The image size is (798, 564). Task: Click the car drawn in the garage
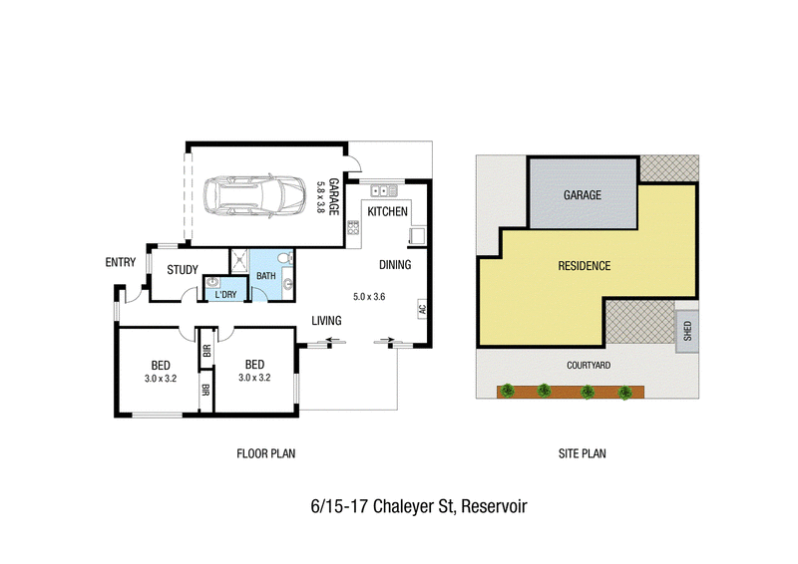(254, 196)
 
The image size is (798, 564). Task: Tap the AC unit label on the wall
(422, 309)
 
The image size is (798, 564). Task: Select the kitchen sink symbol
(384, 191)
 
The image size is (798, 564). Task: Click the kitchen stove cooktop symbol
(353, 227)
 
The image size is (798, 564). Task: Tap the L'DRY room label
(225, 295)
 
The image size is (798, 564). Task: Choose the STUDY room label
(183, 269)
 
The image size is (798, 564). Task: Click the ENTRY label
(121, 262)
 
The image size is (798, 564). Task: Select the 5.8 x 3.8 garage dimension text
(320, 197)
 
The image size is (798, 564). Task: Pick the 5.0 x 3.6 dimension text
(369, 297)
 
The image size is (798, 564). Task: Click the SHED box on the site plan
(687, 331)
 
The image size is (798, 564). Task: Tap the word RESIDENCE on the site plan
(585, 266)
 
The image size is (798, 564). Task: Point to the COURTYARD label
(589, 365)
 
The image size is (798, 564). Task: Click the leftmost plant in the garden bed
(507, 391)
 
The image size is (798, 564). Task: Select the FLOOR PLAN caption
(265, 453)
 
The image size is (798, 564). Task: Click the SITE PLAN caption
(583, 453)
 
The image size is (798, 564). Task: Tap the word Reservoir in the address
(494, 506)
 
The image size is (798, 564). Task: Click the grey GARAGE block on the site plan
(584, 193)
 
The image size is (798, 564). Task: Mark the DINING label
(395, 265)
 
